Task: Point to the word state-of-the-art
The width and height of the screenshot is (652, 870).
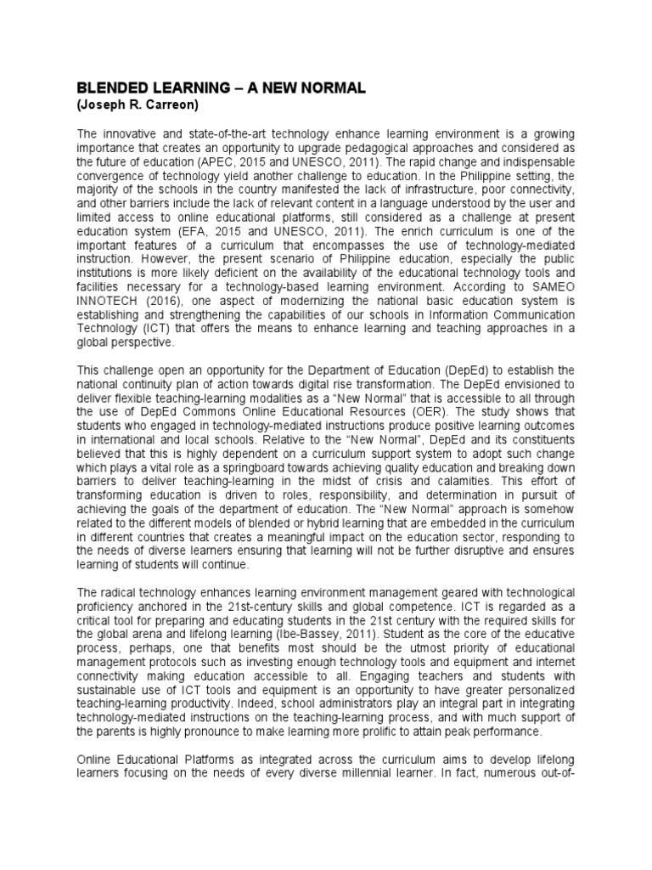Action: (x=198, y=134)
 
